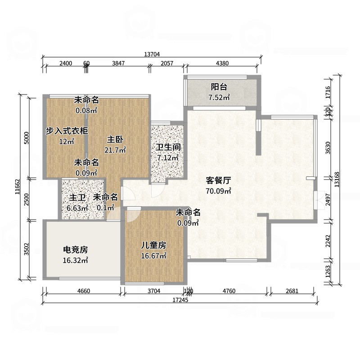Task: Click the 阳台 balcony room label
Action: [219, 87]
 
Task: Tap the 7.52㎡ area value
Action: [219, 98]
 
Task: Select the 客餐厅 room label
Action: [218, 180]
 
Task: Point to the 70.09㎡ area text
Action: [218, 191]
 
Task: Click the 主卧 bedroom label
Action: [115, 139]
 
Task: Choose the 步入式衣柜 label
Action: [67, 131]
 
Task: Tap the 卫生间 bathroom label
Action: [168, 147]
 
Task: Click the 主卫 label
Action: [77, 198]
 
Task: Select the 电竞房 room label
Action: [75, 250]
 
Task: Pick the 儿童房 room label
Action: [153, 245]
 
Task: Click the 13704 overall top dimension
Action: [152, 54]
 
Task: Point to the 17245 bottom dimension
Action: [180, 300]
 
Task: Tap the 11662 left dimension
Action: [18, 187]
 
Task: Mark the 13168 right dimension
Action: [337, 180]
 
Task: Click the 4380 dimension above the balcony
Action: [222, 63]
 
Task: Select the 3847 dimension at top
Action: [118, 63]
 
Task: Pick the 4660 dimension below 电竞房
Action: [84, 291]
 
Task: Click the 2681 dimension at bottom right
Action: [292, 291]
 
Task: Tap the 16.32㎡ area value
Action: [75, 261]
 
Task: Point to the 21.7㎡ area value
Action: [115, 150]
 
